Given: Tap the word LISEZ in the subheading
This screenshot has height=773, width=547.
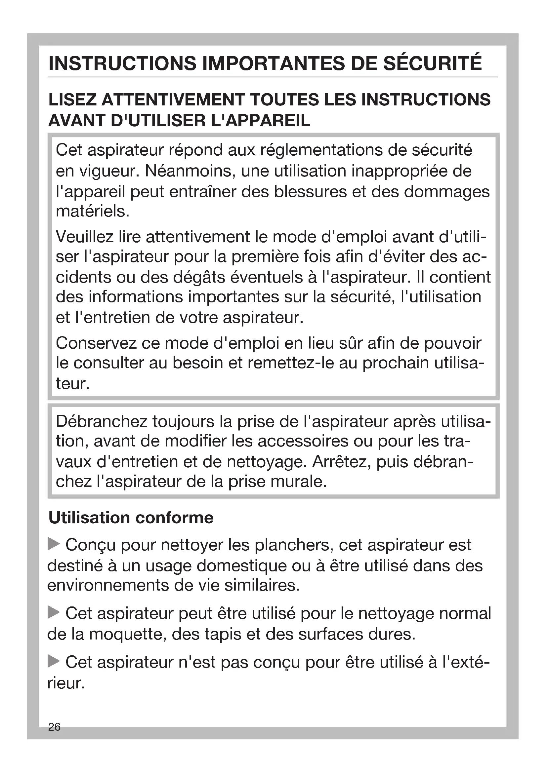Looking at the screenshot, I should coord(71,100).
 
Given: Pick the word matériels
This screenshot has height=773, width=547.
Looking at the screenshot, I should coord(93,212).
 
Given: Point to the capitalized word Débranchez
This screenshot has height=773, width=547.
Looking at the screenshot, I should coord(102,421).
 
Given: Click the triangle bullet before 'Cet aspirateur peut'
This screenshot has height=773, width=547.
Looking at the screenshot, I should coord(54,612).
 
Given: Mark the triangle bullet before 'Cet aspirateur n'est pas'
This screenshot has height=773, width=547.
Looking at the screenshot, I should coord(54,661).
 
